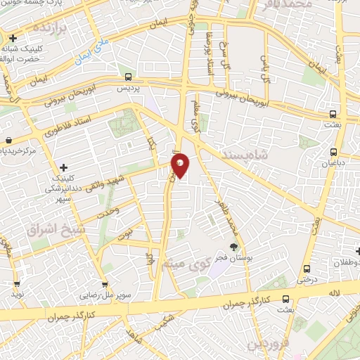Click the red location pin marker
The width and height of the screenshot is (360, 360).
(180, 165)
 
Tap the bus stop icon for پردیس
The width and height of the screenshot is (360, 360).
(128, 77)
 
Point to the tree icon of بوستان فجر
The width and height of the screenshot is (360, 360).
(234, 247)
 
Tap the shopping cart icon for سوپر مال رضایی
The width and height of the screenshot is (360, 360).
(105, 285)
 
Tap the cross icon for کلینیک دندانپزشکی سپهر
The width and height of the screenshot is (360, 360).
(63, 167)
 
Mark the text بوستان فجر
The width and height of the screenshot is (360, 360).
(229, 259)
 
